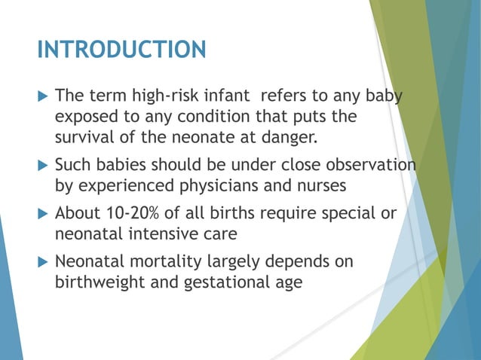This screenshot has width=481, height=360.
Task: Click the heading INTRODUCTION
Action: point(121,50)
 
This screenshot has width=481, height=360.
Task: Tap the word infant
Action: point(234,97)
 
